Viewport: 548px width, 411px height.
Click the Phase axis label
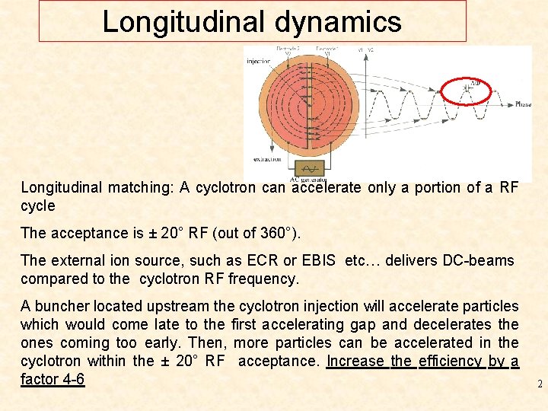tap(523, 104)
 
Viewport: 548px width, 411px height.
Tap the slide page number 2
tap(540, 384)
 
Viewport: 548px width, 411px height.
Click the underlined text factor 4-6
tap(52, 378)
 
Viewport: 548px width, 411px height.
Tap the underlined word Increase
tap(356, 361)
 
